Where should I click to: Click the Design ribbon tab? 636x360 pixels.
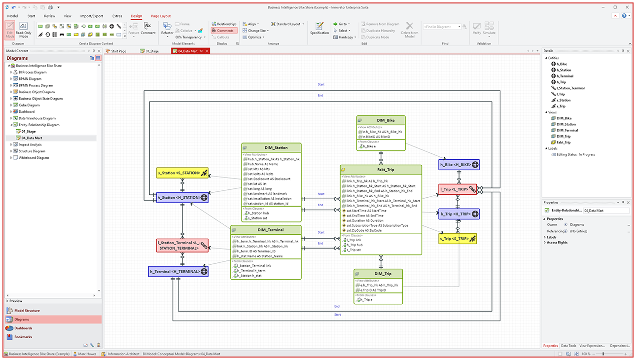pyautogui.click(x=137, y=16)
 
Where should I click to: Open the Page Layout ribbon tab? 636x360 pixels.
pyautogui.click(x=161, y=16)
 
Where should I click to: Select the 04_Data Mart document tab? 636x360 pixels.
pyautogui.click(x=188, y=51)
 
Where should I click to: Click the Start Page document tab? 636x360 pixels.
pyautogui.click(x=118, y=51)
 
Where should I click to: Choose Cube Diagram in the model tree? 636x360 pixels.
pyautogui.click(x=29, y=105)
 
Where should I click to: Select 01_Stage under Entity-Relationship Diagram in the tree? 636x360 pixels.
pyautogui.click(x=28, y=132)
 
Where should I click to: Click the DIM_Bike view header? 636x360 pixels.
pyautogui.click(x=381, y=120)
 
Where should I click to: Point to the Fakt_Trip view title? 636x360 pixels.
pyautogui.click(x=381, y=170)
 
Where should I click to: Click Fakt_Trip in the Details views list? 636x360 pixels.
pyautogui.click(x=564, y=143)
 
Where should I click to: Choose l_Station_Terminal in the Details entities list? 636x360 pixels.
pyautogui.click(x=570, y=88)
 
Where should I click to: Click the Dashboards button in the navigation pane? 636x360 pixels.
pyautogui.click(x=23, y=328)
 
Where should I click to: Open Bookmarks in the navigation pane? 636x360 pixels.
pyautogui.click(x=23, y=337)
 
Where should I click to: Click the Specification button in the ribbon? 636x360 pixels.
pyautogui.click(x=319, y=28)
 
